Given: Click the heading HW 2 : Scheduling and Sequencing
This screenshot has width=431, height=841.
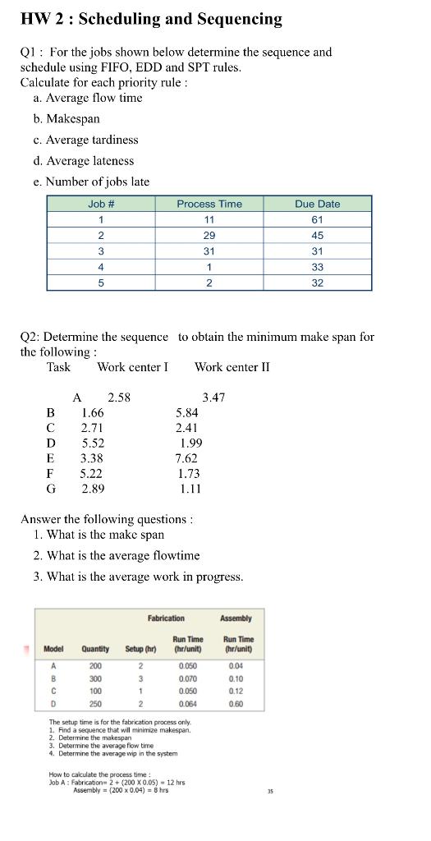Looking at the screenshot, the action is pyautogui.click(x=151, y=19).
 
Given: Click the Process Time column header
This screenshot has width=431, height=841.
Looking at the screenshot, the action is pyautogui.click(x=209, y=204).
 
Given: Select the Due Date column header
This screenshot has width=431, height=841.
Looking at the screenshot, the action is pyautogui.click(x=318, y=204).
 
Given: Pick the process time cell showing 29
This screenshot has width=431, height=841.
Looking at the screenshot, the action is pyautogui.click(x=209, y=236).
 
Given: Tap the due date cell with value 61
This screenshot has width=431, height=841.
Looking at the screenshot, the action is pyautogui.click(x=318, y=220).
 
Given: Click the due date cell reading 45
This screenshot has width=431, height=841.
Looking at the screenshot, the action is pyautogui.click(x=318, y=236).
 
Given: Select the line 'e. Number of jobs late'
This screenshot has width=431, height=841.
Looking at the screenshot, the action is pyautogui.click(x=97, y=182).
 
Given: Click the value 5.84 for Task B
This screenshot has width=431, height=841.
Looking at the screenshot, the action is pyautogui.click(x=187, y=413).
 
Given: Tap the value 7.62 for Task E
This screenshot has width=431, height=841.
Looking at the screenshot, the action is pyautogui.click(x=186, y=458).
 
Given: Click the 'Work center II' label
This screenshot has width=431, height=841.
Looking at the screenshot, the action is pyautogui.click(x=232, y=367).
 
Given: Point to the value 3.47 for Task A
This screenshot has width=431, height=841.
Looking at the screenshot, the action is pyautogui.click(x=213, y=398).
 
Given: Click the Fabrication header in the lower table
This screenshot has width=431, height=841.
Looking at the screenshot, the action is pyautogui.click(x=166, y=618).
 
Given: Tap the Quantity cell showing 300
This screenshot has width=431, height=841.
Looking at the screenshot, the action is pyautogui.click(x=95, y=679).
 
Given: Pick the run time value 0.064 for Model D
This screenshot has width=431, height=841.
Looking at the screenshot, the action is pyautogui.click(x=188, y=704).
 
